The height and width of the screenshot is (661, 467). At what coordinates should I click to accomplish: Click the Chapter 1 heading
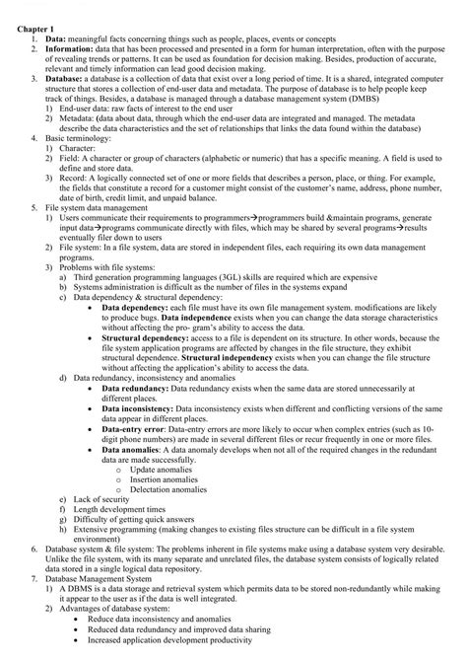pos(36,28)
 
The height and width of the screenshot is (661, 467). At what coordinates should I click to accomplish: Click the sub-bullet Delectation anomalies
pos(169,491)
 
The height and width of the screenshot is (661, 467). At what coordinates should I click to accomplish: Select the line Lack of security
pos(102,500)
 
